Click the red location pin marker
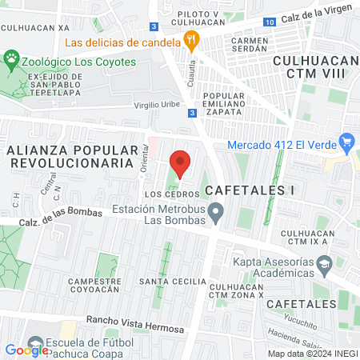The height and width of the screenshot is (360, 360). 180,162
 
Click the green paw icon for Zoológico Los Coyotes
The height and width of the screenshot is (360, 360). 11,58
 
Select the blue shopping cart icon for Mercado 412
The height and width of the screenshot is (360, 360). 346,145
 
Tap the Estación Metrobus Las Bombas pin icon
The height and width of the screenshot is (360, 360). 215,212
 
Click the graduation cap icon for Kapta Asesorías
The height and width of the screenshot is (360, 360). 324,263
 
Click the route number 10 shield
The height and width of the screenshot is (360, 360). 270,21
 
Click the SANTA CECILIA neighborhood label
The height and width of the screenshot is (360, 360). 165,282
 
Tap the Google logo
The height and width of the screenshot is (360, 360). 26,349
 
